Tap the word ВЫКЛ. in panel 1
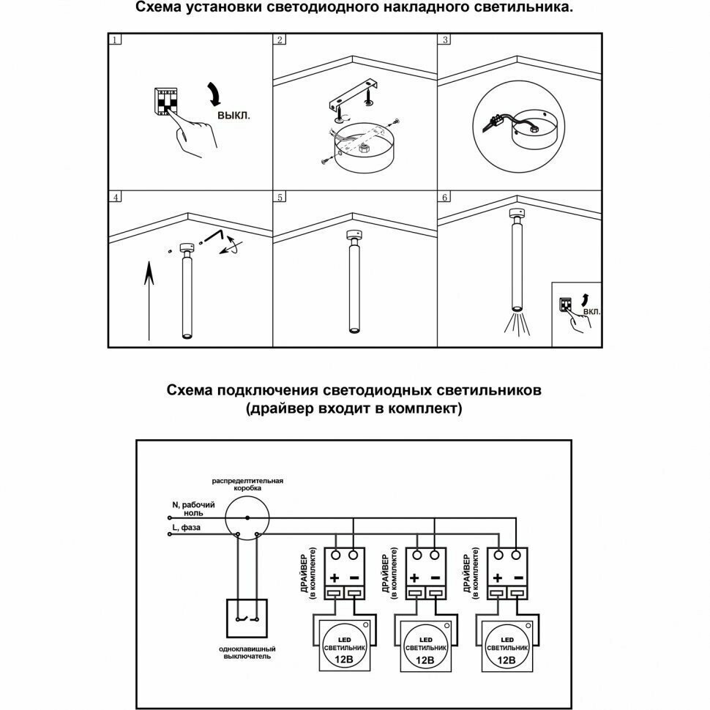pyautogui.click(x=233, y=116)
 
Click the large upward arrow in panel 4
pyautogui.click(x=148, y=301)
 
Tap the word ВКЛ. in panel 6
pyautogui.click(x=592, y=311)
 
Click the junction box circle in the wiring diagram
pyautogui.click(x=247, y=518)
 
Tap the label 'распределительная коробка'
pyautogui.click(x=247, y=485)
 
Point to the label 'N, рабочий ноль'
pyautogui.click(x=193, y=509)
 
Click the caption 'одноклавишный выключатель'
pyautogui.click(x=247, y=653)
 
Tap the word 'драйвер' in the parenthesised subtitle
pyautogui.click(x=280, y=409)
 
